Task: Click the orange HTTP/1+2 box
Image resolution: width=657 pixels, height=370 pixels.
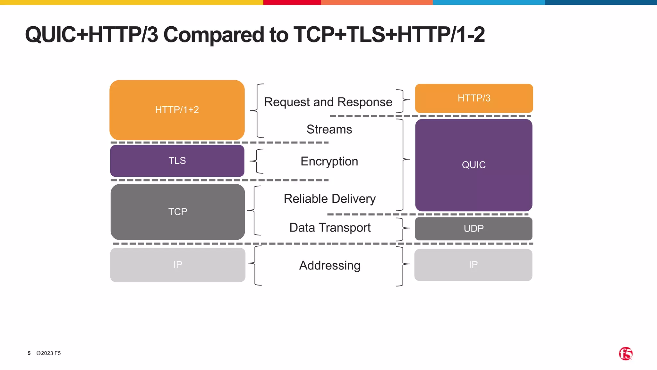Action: pyautogui.click(x=177, y=110)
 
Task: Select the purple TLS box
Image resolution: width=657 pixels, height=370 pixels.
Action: pyautogui.click(x=177, y=161)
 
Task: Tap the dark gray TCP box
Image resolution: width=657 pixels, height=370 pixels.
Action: pyautogui.click(x=177, y=212)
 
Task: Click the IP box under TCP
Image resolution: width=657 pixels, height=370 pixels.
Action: pyautogui.click(x=177, y=265)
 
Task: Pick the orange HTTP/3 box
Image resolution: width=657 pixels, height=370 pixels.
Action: pyautogui.click(x=474, y=98)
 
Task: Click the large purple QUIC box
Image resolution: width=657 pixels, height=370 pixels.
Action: pyautogui.click(x=474, y=165)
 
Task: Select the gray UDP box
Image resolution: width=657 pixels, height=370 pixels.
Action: pyautogui.click(x=474, y=228)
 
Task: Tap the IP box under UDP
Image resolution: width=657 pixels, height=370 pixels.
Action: pyautogui.click(x=473, y=265)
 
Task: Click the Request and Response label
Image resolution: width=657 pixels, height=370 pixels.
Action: pyautogui.click(x=328, y=102)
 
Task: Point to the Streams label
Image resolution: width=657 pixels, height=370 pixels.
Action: pyautogui.click(x=329, y=129)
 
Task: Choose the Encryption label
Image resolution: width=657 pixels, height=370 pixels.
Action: pyautogui.click(x=329, y=161)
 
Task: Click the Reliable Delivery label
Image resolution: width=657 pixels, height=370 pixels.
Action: pyautogui.click(x=329, y=199)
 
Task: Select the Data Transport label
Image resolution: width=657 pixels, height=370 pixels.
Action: pyautogui.click(x=330, y=228)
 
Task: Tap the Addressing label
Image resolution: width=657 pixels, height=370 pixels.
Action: pyautogui.click(x=329, y=266)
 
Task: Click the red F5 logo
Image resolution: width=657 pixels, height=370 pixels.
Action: pyautogui.click(x=625, y=354)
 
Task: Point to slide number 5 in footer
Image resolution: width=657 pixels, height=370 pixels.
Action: pyautogui.click(x=29, y=353)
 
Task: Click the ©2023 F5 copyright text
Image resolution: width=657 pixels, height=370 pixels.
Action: pyautogui.click(x=48, y=353)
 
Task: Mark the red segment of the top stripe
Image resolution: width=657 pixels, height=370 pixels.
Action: pyautogui.click(x=292, y=2)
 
